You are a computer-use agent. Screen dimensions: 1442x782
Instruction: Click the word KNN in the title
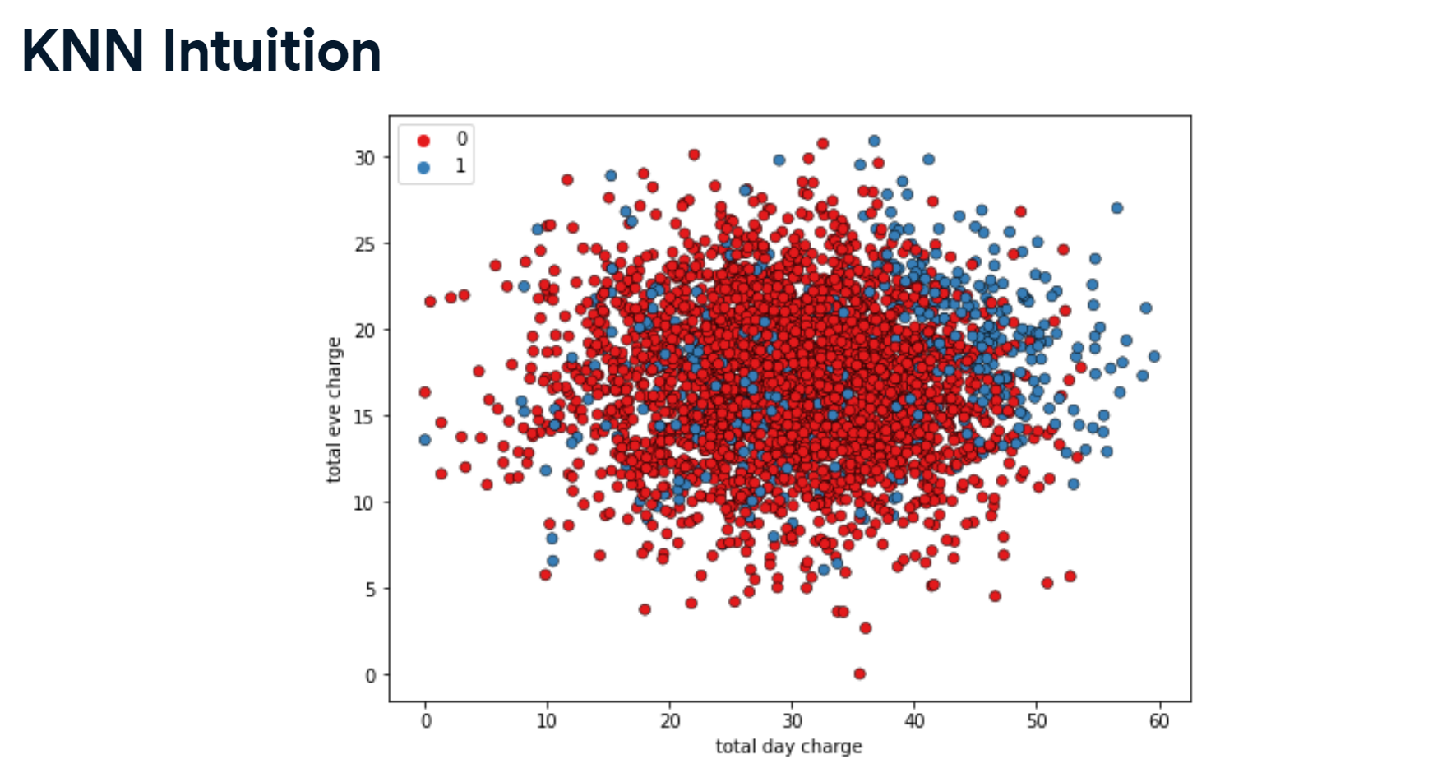(82, 51)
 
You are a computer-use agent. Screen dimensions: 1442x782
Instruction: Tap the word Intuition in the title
(272, 51)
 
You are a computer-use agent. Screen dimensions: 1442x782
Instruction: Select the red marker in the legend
(423, 141)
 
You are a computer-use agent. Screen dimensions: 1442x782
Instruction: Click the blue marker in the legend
(423, 168)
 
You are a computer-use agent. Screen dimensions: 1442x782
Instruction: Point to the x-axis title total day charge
(788, 747)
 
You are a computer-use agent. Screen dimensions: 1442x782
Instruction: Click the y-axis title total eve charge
(334, 410)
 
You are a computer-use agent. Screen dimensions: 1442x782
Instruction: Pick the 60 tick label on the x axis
(1158, 721)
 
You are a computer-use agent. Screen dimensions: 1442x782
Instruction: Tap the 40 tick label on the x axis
(914, 721)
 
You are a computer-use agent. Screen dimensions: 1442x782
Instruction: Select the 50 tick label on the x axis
(1037, 721)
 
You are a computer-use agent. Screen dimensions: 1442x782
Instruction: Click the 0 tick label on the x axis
(426, 721)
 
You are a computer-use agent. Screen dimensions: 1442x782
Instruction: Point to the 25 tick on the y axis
(364, 244)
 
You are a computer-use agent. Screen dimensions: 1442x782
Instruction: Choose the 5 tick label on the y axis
(370, 590)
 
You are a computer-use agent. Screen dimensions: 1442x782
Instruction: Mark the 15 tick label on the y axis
(364, 417)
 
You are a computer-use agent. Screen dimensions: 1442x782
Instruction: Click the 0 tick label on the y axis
(370, 676)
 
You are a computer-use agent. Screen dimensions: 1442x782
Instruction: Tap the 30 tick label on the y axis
(364, 158)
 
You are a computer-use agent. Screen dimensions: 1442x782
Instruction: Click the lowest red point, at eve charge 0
(860, 673)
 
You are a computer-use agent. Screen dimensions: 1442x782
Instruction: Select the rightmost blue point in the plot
(1154, 357)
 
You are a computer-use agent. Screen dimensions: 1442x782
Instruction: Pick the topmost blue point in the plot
(875, 141)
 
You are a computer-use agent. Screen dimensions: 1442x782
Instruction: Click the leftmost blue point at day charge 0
(425, 440)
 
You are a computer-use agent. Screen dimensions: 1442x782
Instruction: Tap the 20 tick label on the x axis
(670, 721)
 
